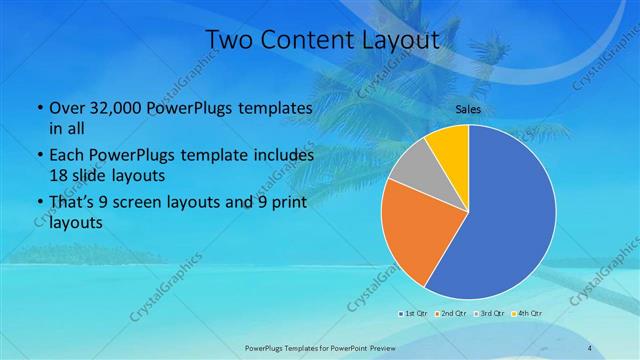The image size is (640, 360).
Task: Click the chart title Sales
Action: tap(467, 108)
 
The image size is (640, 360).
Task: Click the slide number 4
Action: tap(590, 347)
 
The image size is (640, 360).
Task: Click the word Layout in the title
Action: tap(400, 39)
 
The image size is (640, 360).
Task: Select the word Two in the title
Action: tap(227, 39)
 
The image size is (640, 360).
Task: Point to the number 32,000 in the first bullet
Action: tap(108, 107)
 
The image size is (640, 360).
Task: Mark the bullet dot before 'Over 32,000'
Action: tap(38, 108)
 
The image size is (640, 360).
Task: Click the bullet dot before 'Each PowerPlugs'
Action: tap(38, 156)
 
